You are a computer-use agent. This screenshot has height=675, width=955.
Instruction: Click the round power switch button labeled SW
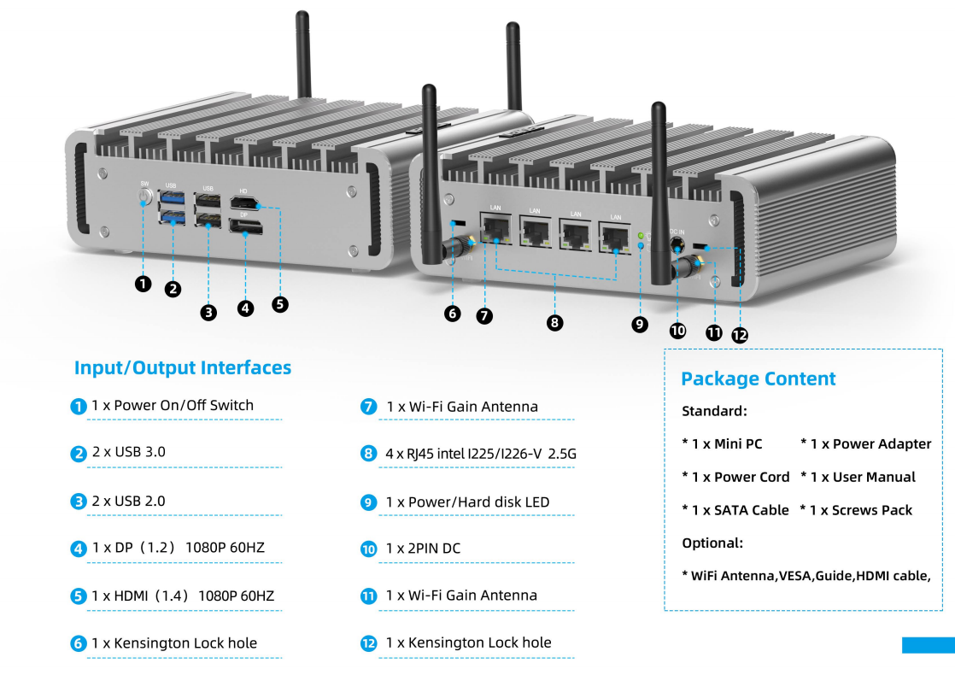coord(144,197)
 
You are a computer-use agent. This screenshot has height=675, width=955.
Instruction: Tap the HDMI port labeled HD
coord(245,204)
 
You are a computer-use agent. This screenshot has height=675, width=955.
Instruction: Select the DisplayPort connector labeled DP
coord(245,226)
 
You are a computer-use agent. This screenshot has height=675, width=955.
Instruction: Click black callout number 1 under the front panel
coord(144,284)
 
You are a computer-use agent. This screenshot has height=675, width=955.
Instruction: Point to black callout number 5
coord(279,304)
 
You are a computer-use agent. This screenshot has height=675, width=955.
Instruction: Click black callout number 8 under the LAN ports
coord(554,322)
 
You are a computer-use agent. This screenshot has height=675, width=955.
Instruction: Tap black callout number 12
coord(740,334)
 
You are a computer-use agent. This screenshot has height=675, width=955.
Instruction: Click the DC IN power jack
coord(677,245)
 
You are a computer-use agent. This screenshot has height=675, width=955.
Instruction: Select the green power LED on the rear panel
coord(641,235)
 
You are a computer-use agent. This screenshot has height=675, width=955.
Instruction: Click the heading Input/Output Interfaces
coord(183,368)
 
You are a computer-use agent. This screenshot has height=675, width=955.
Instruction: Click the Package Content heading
coord(759,379)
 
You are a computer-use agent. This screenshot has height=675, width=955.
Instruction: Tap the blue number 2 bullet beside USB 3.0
coord(79,454)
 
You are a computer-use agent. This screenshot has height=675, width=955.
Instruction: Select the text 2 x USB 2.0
coord(128,501)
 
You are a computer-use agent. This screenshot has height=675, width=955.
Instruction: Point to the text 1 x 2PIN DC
coord(424,549)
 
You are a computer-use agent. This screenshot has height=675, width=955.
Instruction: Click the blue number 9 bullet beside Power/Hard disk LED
coord(368,502)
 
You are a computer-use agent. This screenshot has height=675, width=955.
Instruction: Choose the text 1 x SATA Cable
coord(740,510)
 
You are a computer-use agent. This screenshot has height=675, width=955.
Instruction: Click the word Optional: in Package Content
coord(712,543)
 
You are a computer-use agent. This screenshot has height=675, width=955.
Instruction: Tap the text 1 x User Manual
coord(863,477)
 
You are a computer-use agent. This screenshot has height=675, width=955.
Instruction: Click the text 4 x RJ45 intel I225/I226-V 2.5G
coord(481,454)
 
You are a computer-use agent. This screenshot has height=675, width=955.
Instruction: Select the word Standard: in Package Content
coord(714,411)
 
